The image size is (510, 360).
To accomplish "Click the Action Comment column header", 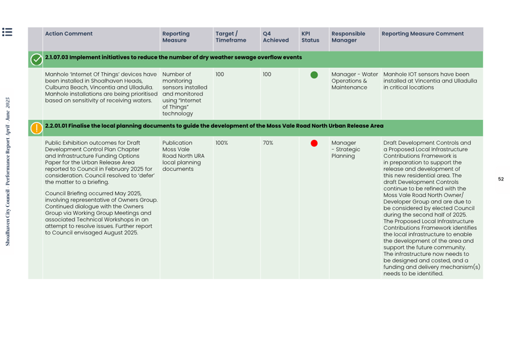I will [68, 34].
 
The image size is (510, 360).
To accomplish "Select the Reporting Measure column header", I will [176, 37].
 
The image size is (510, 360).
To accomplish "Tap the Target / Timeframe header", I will [231, 37].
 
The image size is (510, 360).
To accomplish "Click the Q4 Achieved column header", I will [275, 37].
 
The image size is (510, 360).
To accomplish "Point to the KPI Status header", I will [310, 37].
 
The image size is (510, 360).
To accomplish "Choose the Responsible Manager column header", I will [348, 37].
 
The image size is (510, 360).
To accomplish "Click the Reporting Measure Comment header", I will [422, 34].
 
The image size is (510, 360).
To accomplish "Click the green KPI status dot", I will [314, 75].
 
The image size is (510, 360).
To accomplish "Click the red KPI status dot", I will [314, 143].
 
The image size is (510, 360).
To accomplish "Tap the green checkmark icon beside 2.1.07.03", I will [36, 59].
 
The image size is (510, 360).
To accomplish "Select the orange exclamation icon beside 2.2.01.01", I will [36, 128].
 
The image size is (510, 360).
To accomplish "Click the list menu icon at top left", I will [7, 32].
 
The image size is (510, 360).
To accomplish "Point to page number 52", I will [500, 179].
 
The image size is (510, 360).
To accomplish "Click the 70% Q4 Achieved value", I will [268, 143].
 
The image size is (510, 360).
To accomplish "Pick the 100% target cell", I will [221, 143].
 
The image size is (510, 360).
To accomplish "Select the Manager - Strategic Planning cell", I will [346, 149].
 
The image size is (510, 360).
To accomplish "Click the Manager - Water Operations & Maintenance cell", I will [355, 81].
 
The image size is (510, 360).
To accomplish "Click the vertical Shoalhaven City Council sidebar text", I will [7, 172].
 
